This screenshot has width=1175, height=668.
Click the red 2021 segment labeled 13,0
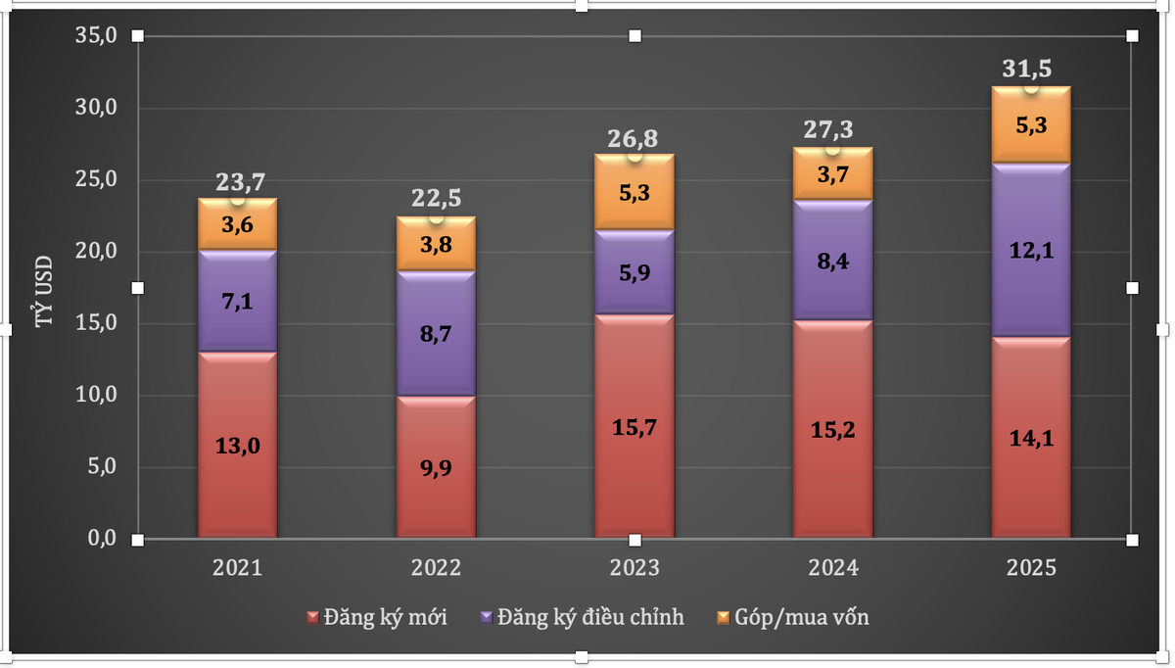(x=238, y=446)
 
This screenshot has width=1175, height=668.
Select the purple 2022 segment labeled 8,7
(x=436, y=334)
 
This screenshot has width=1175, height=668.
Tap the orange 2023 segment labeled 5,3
(x=634, y=194)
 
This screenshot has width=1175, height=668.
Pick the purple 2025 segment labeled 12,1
(x=1031, y=250)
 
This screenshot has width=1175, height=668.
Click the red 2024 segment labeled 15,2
(x=833, y=429)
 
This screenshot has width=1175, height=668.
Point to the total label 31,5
(x=1031, y=70)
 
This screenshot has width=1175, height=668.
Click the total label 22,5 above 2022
(x=436, y=198)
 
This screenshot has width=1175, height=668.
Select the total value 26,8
(x=634, y=136)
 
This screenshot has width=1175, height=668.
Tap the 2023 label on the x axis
(x=634, y=568)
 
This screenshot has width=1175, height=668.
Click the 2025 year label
(x=1031, y=568)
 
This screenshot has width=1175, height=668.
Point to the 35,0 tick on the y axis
(x=96, y=36)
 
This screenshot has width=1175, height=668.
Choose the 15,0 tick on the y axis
(x=96, y=323)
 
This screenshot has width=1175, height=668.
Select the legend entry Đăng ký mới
(x=377, y=618)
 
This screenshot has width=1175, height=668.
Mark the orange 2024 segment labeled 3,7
(x=833, y=174)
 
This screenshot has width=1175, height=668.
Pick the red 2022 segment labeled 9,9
(x=436, y=467)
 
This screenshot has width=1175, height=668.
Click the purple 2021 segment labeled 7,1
(x=238, y=301)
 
